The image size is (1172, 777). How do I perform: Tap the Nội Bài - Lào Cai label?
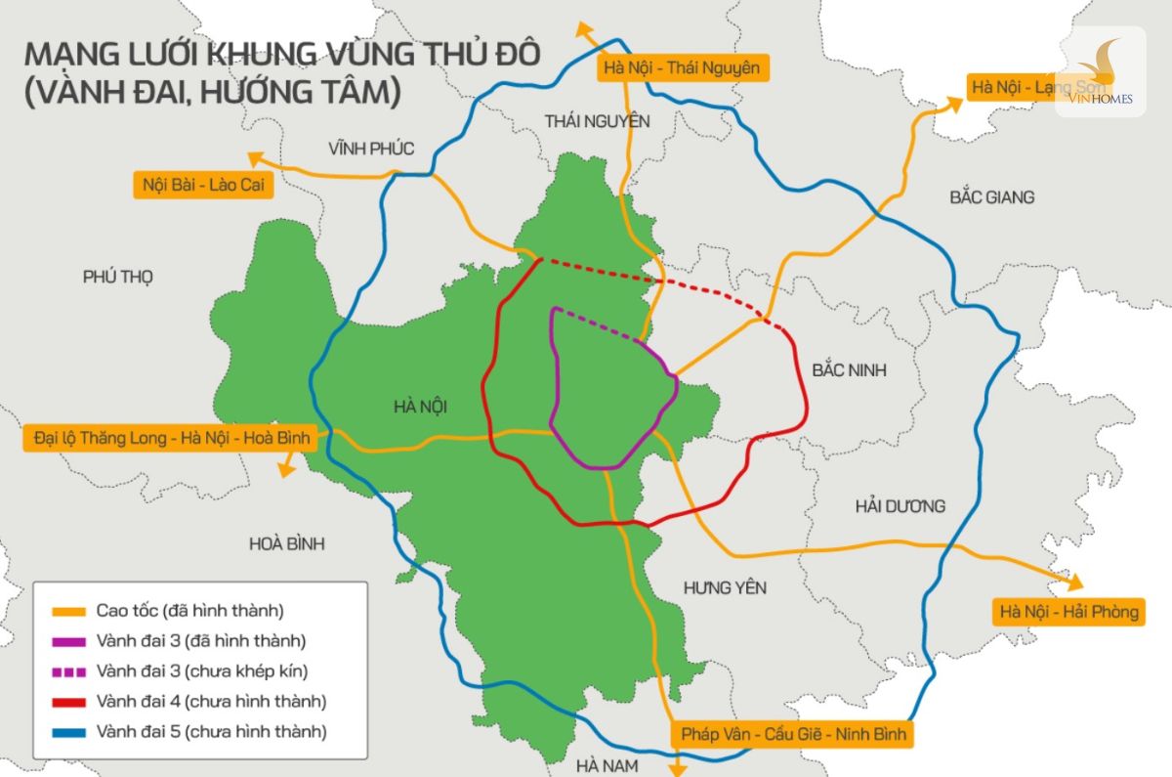(203, 185)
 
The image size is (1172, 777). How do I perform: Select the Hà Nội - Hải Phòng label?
(1067, 613)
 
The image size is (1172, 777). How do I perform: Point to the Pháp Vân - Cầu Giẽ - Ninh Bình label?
(792, 734)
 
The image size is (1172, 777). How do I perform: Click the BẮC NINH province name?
(850, 371)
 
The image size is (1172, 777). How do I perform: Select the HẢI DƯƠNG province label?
(900, 506)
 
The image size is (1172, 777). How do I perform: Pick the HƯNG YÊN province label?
(725, 587)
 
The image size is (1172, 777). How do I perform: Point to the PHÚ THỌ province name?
(118, 277)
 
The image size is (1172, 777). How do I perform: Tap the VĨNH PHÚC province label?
(371, 149)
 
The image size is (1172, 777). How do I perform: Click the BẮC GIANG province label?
(991, 197)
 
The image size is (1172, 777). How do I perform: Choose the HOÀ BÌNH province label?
(286, 543)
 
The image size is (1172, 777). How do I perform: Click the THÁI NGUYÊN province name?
(597, 120)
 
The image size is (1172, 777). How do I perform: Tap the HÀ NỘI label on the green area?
(427, 407)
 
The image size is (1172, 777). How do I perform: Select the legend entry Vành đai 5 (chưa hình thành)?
(211, 730)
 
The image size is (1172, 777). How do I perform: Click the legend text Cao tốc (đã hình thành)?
(189, 611)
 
